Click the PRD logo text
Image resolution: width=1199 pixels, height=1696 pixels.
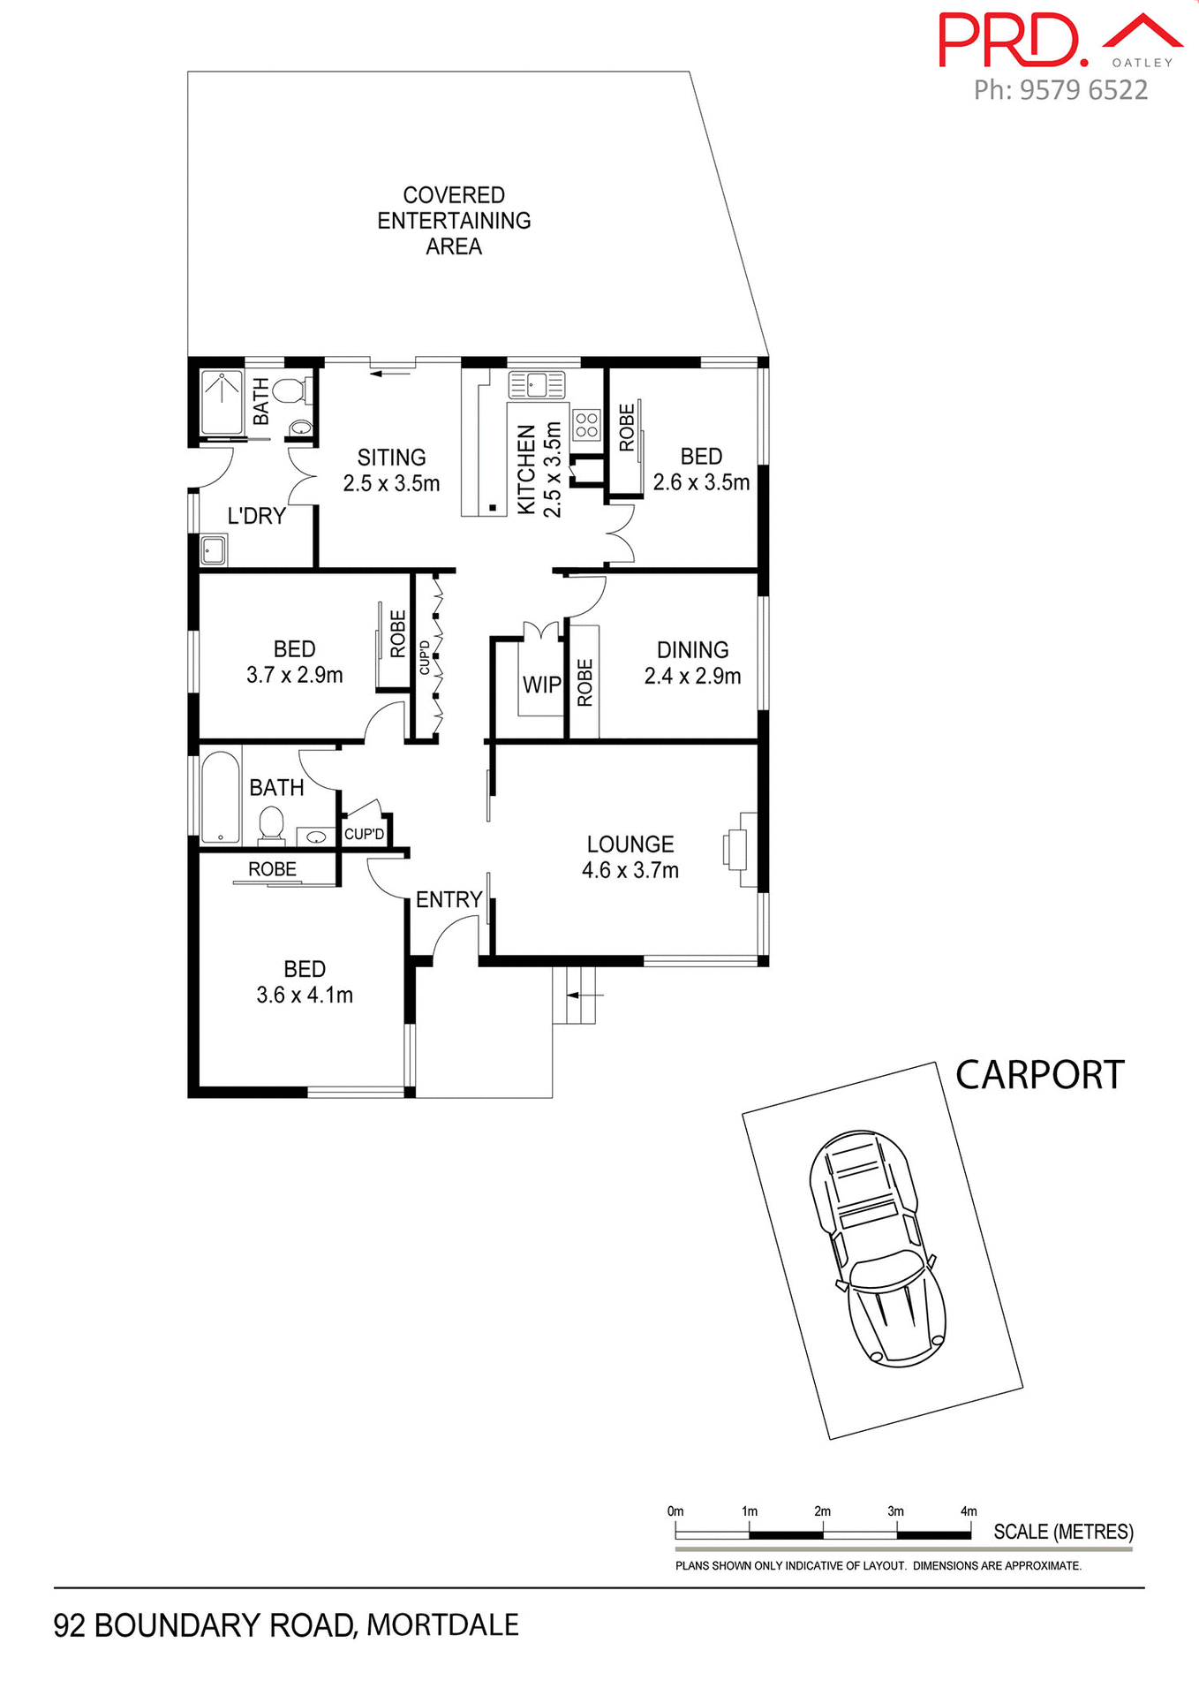pyautogui.click(x=1012, y=41)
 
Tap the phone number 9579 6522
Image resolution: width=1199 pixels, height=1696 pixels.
pyautogui.click(x=1060, y=90)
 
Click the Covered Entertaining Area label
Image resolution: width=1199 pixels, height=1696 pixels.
pyautogui.click(x=454, y=221)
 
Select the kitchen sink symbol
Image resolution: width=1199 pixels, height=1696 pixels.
pyautogui.click(x=536, y=385)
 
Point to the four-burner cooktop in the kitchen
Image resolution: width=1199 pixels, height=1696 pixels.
pyautogui.click(x=587, y=425)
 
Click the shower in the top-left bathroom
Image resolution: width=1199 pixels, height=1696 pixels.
pyautogui.click(x=221, y=403)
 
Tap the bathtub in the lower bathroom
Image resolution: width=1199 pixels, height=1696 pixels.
pyautogui.click(x=220, y=796)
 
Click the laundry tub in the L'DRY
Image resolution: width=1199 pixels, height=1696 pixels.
pyautogui.click(x=213, y=550)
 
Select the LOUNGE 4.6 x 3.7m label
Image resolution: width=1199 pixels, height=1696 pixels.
pyautogui.click(x=630, y=857)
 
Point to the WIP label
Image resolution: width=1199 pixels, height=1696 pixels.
pyautogui.click(x=541, y=685)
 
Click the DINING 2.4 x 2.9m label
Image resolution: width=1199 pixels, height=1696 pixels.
pyautogui.click(x=692, y=662)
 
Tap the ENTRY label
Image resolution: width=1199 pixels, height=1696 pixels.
pyautogui.click(x=449, y=899)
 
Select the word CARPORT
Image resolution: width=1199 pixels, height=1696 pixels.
pyautogui.click(x=1039, y=1075)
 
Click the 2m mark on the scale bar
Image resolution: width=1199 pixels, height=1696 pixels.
pyautogui.click(x=823, y=1512)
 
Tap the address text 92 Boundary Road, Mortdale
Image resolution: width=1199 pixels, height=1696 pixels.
pyautogui.click(x=286, y=1625)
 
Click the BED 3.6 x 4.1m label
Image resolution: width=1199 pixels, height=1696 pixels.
pyautogui.click(x=305, y=981)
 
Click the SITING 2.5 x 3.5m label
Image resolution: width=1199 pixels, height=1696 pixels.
pyautogui.click(x=391, y=470)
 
